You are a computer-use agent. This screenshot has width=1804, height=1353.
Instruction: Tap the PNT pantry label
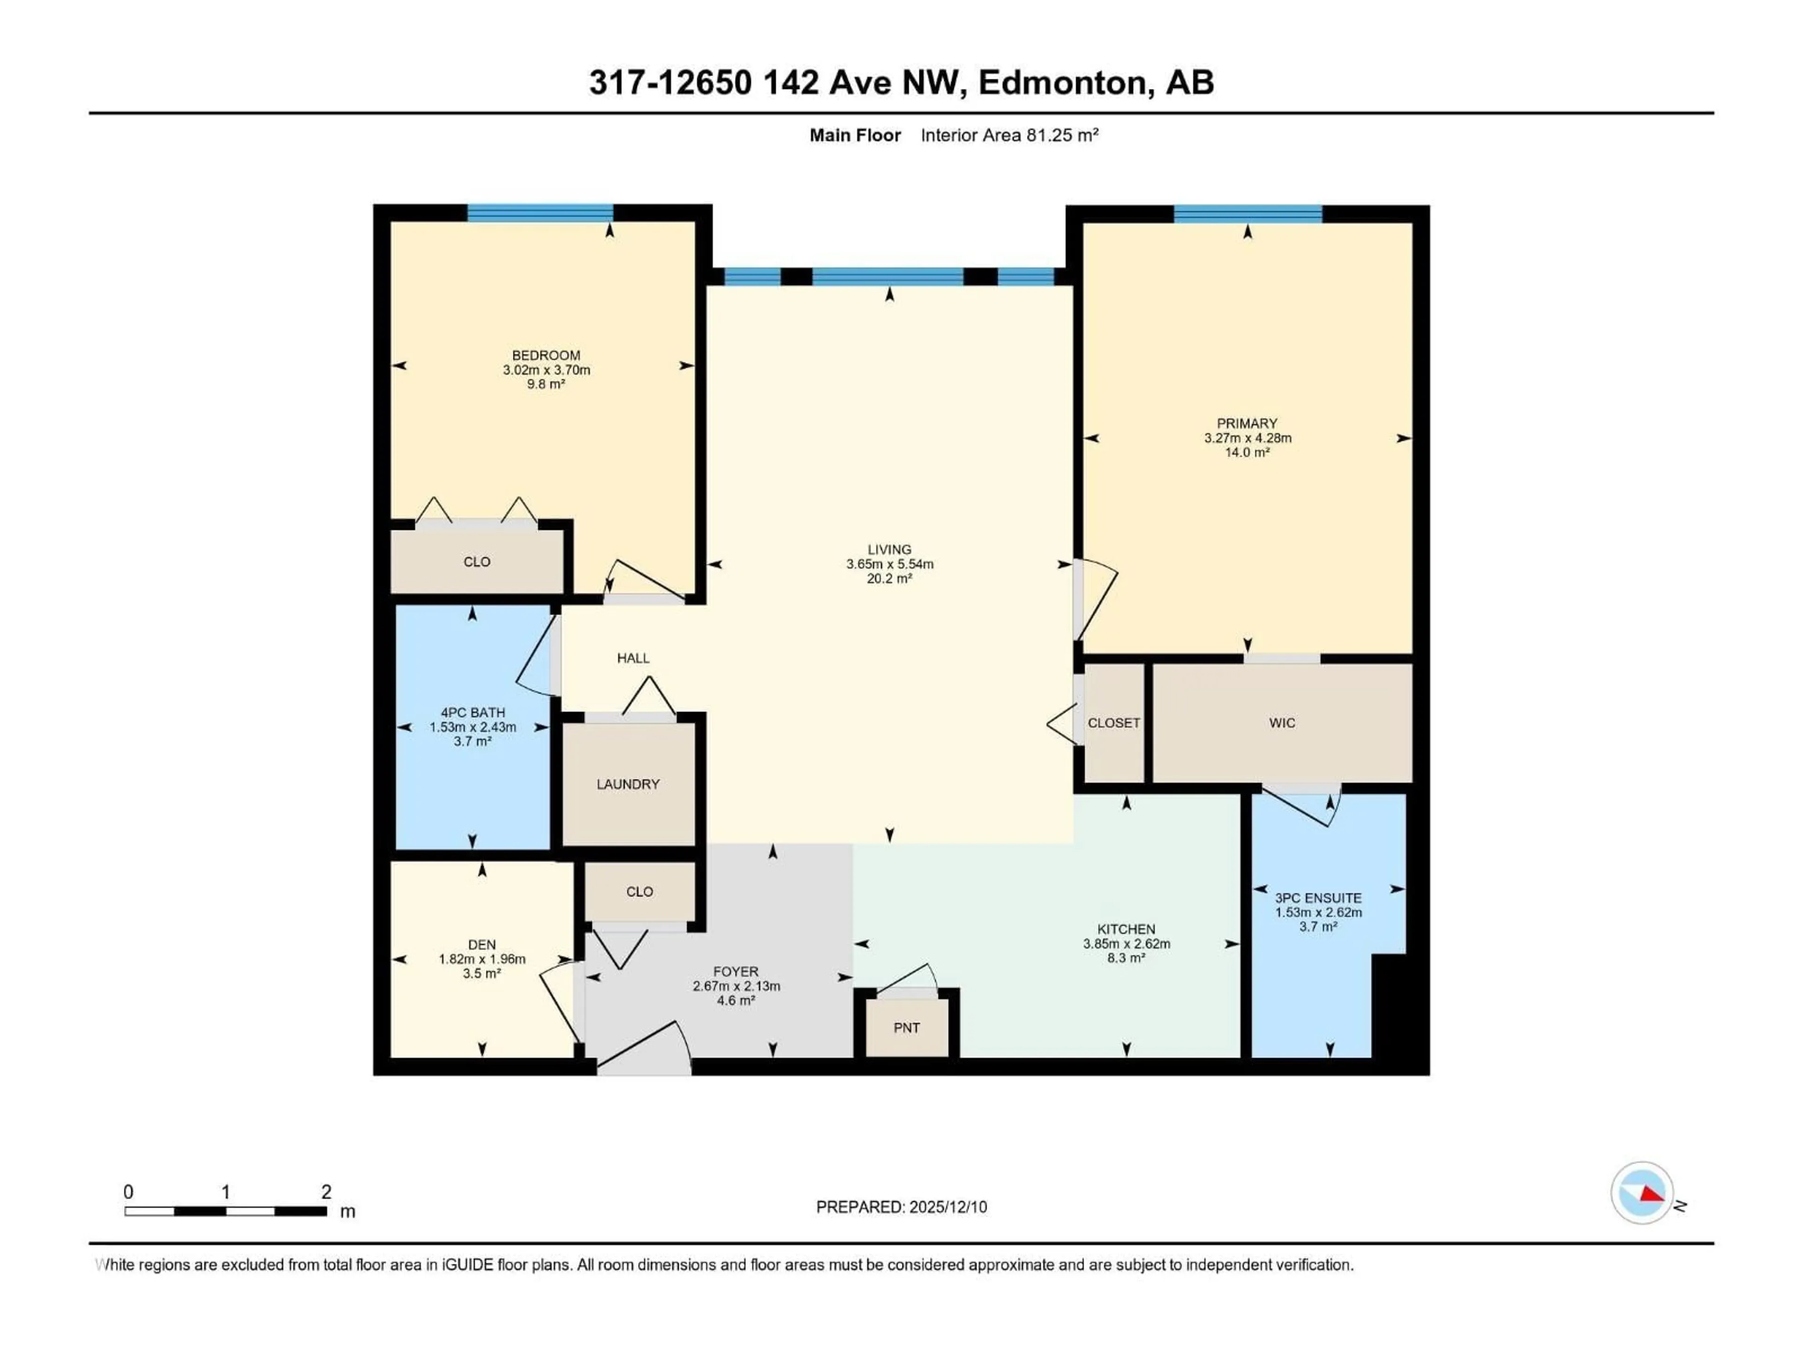point(906,1027)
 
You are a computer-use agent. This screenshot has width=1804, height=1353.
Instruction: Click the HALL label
point(633,658)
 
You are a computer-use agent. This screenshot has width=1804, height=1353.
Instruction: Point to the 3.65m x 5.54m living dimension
point(889,564)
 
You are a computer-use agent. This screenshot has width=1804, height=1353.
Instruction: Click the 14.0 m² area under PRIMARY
point(1247,452)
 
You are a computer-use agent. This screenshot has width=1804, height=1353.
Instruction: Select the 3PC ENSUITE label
point(1318,898)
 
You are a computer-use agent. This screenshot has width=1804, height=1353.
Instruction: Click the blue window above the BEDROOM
point(540,213)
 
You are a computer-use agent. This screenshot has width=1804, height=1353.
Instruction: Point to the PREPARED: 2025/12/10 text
point(901,1207)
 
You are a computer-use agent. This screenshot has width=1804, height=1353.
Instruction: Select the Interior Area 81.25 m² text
point(1009,135)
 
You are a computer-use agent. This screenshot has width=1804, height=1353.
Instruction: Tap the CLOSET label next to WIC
point(1113,723)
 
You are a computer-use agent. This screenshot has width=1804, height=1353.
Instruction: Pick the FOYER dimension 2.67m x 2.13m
point(736,986)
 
